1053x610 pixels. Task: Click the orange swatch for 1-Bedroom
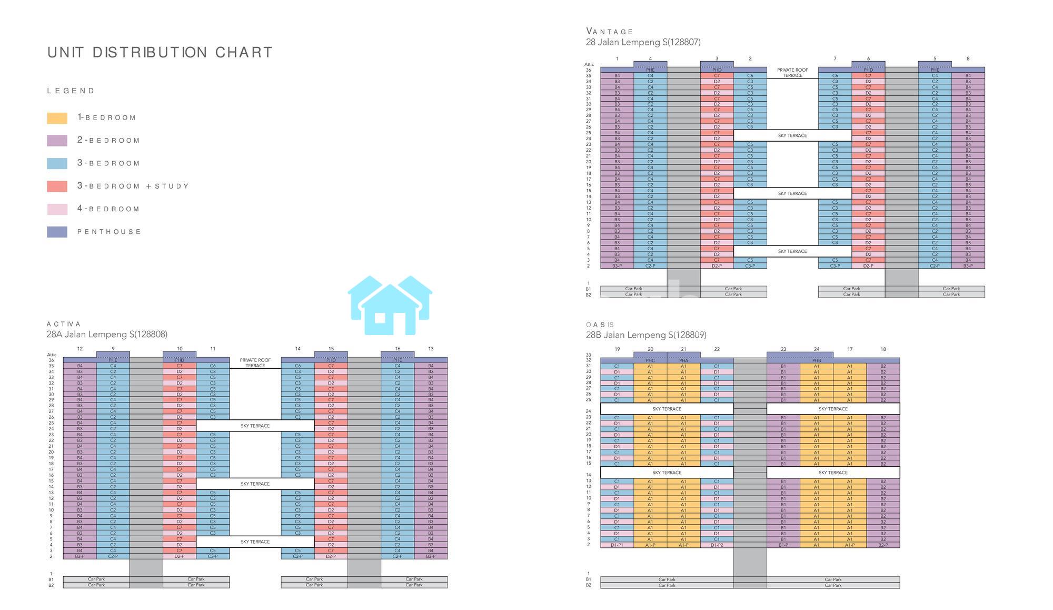pyautogui.click(x=57, y=118)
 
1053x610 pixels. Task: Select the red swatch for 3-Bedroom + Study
pyautogui.click(x=57, y=186)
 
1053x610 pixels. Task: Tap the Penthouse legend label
pyautogui.click(x=109, y=232)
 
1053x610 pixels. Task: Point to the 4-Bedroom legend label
pyautogui.click(x=108, y=209)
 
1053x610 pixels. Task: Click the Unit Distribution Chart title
pyautogui.click(x=160, y=53)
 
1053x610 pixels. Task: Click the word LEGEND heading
pyautogui.click(x=71, y=91)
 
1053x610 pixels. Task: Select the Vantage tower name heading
pyautogui.click(x=609, y=32)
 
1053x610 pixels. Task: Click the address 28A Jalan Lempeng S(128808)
pyautogui.click(x=107, y=334)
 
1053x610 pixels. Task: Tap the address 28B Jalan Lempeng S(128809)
pyautogui.click(x=646, y=335)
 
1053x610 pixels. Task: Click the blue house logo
pyautogui.click(x=390, y=306)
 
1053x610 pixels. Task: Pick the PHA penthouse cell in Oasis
pyautogui.click(x=683, y=361)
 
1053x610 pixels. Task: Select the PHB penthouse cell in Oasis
pyautogui.click(x=816, y=361)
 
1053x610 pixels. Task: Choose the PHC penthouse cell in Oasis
pyautogui.click(x=650, y=361)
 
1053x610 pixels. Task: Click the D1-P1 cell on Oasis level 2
pyautogui.click(x=617, y=545)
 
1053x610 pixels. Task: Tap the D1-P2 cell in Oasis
pyautogui.click(x=717, y=545)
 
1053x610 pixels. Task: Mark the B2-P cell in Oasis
pyautogui.click(x=883, y=545)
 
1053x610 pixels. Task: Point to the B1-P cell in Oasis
pyautogui.click(x=783, y=545)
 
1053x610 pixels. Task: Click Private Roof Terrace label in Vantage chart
pyautogui.click(x=792, y=73)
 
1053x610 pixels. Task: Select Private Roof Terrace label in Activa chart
pyautogui.click(x=255, y=363)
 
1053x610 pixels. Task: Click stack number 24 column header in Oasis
pyautogui.click(x=816, y=349)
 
